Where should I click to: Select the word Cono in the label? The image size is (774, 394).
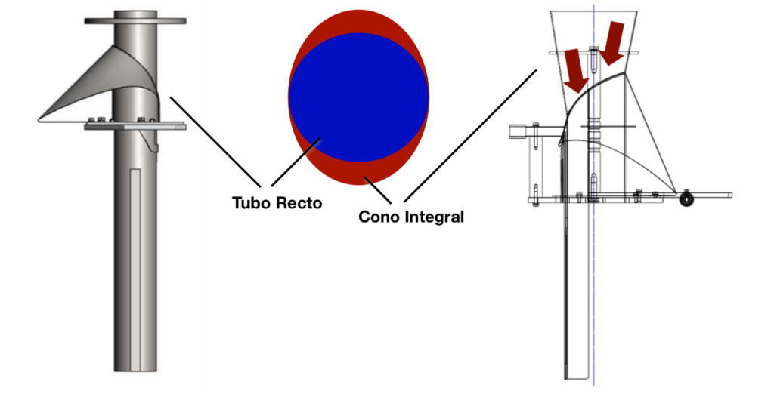coord(378,217)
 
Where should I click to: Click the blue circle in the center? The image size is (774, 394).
coord(358,97)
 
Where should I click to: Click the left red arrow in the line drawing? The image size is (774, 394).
coord(576,67)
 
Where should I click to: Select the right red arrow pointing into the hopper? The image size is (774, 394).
coord(614,42)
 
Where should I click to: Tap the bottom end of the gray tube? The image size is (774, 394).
coord(136,368)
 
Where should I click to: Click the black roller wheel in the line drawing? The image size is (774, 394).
coord(687,199)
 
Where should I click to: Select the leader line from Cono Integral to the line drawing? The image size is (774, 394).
coord(469,136)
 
